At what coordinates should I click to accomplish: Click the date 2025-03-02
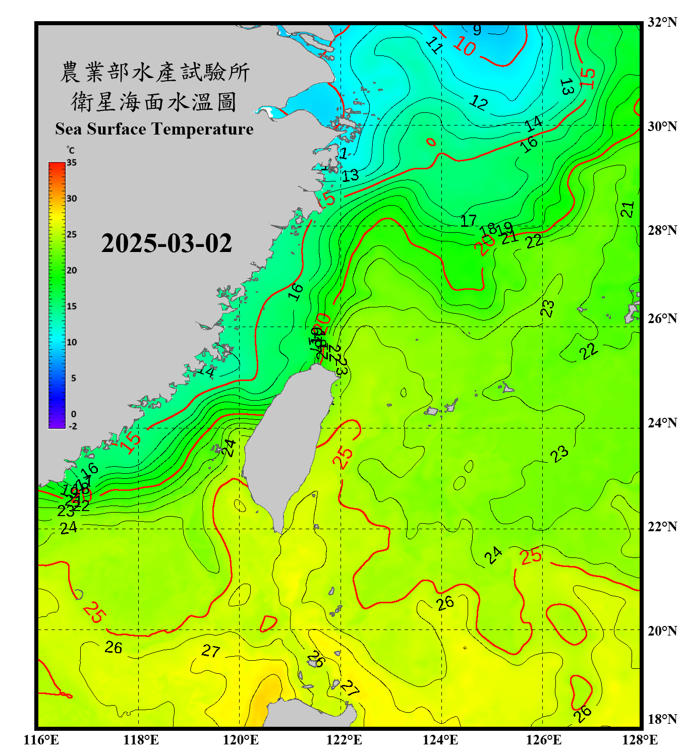pos(166,243)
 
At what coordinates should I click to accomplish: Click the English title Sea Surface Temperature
pos(154,129)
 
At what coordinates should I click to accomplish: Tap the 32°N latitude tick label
pos(662,22)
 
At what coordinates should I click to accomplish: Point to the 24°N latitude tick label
pos(662,423)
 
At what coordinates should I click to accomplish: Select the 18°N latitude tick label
pos(662,719)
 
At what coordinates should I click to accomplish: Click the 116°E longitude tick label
pos(41,740)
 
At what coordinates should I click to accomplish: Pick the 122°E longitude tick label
pos(344,740)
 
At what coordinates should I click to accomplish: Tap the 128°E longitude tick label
pos(640,740)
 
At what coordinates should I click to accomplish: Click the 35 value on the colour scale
pos(72,163)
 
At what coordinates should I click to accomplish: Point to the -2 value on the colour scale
pos(73,426)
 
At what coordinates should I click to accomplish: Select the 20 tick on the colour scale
pos(72,271)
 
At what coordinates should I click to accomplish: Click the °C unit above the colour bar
pos(71,150)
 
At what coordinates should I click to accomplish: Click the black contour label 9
pos(477,30)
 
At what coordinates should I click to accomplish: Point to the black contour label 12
pos(478,103)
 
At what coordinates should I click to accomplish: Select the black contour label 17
pos(468,220)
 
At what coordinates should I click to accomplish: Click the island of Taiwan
pos(288,444)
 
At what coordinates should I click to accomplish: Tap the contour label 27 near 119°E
pos(211,651)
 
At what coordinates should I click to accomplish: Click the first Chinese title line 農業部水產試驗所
pos(154,72)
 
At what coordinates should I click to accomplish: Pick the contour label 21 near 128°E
pos(627,209)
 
